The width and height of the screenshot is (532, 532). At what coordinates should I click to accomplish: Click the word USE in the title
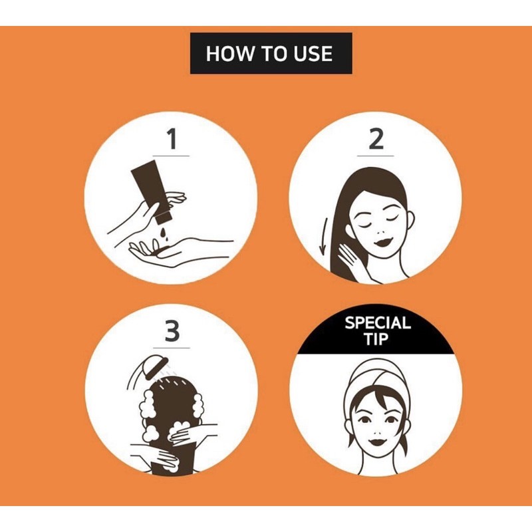pyautogui.click(x=313, y=54)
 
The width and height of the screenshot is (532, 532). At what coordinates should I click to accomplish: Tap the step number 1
pyautogui.click(x=172, y=139)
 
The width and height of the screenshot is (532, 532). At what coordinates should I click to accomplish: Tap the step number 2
pyautogui.click(x=376, y=139)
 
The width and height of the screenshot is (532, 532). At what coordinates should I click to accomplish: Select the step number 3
pyautogui.click(x=172, y=331)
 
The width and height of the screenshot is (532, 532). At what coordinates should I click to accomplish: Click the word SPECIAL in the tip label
pyautogui.click(x=378, y=323)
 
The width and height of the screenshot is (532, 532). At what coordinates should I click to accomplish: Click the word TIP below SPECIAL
pyautogui.click(x=376, y=338)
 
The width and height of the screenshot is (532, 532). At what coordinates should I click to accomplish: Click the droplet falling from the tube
pyautogui.click(x=164, y=234)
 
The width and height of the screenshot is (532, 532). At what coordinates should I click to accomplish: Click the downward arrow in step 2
pyautogui.click(x=324, y=238)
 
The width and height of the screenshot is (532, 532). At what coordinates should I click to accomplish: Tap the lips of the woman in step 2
pyautogui.click(x=384, y=242)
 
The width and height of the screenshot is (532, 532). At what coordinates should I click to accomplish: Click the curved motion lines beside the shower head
pyautogui.click(x=131, y=376)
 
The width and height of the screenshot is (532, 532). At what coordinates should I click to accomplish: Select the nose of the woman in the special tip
pyautogui.click(x=377, y=432)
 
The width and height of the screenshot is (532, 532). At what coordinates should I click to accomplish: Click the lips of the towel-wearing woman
pyautogui.click(x=376, y=442)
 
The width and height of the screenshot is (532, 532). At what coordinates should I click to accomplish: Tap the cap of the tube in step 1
pyautogui.click(x=162, y=218)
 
